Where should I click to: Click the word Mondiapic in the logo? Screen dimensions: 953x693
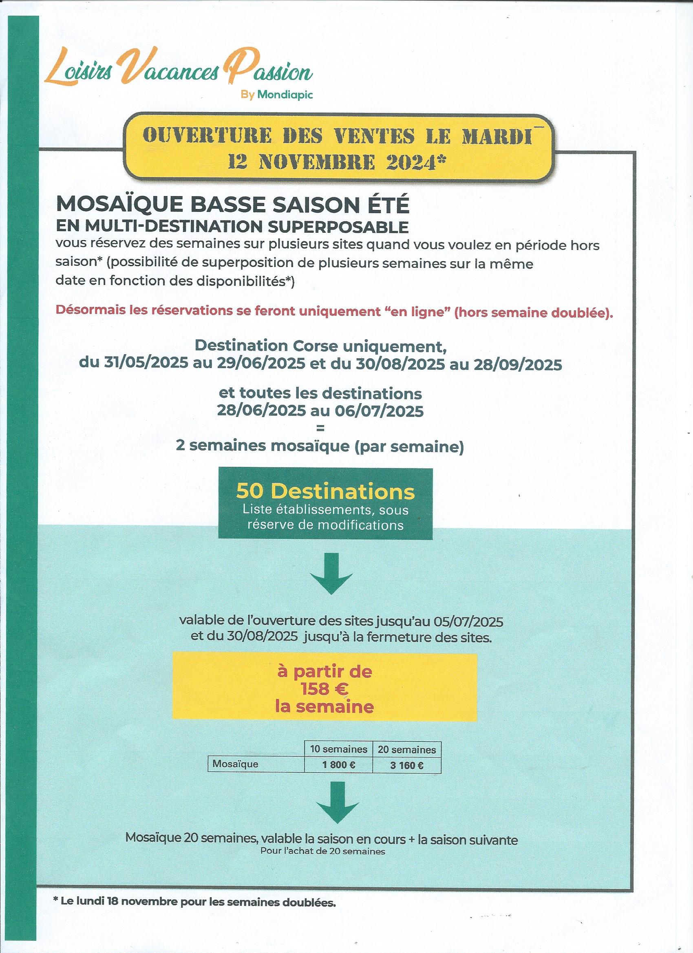point(285,95)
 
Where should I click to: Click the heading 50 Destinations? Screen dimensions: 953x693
point(325,492)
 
